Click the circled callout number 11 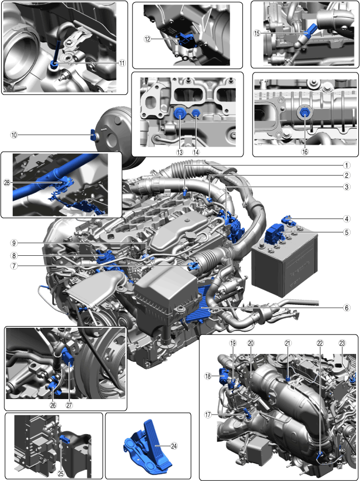(x=122, y=63)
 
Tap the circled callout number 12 (x=148, y=39)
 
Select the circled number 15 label (x=257, y=33)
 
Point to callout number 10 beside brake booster (x=14, y=134)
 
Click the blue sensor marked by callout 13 (x=179, y=114)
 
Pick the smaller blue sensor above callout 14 (x=196, y=114)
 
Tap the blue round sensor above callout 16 (x=304, y=113)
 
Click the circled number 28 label (x=7, y=182)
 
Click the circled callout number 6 (x=347, y=307)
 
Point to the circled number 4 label (x=347, y=218)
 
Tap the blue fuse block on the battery (x=274, y=234)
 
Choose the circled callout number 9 (x=14, y=243)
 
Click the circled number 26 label (x=53, y=405)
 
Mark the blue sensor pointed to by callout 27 (x=68, y=359)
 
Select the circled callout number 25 (x=61, y=474)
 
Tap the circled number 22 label (x=320, y=343)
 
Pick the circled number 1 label (x=347, y=166)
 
